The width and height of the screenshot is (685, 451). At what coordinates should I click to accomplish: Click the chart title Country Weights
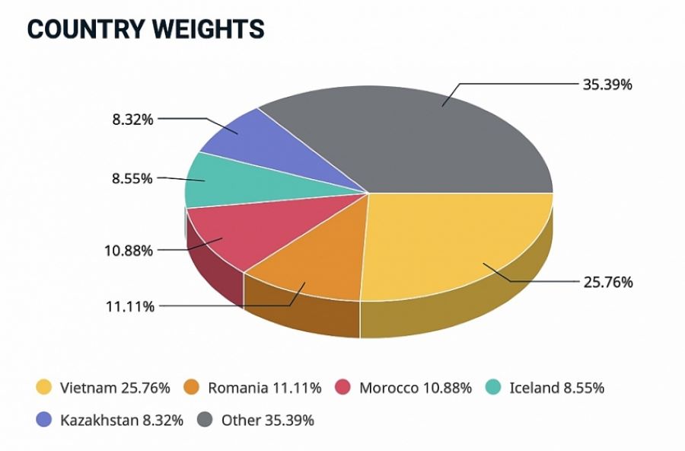145,28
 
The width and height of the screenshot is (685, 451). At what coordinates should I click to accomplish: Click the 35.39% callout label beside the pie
607,85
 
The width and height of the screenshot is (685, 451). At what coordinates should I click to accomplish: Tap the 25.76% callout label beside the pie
607,282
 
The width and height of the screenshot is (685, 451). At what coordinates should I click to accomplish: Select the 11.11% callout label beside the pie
130,306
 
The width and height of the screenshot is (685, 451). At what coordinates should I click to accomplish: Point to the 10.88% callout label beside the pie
129,250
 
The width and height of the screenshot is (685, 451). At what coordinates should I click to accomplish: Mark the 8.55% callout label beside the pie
132,178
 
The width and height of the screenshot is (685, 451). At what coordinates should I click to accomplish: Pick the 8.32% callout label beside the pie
132,119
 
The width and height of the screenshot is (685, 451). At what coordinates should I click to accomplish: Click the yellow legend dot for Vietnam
44,388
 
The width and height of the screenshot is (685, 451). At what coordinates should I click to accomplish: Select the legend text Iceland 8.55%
556,388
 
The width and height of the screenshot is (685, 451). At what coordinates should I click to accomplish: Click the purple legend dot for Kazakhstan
44,420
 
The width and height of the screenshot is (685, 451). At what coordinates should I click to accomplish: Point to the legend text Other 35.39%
267,420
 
